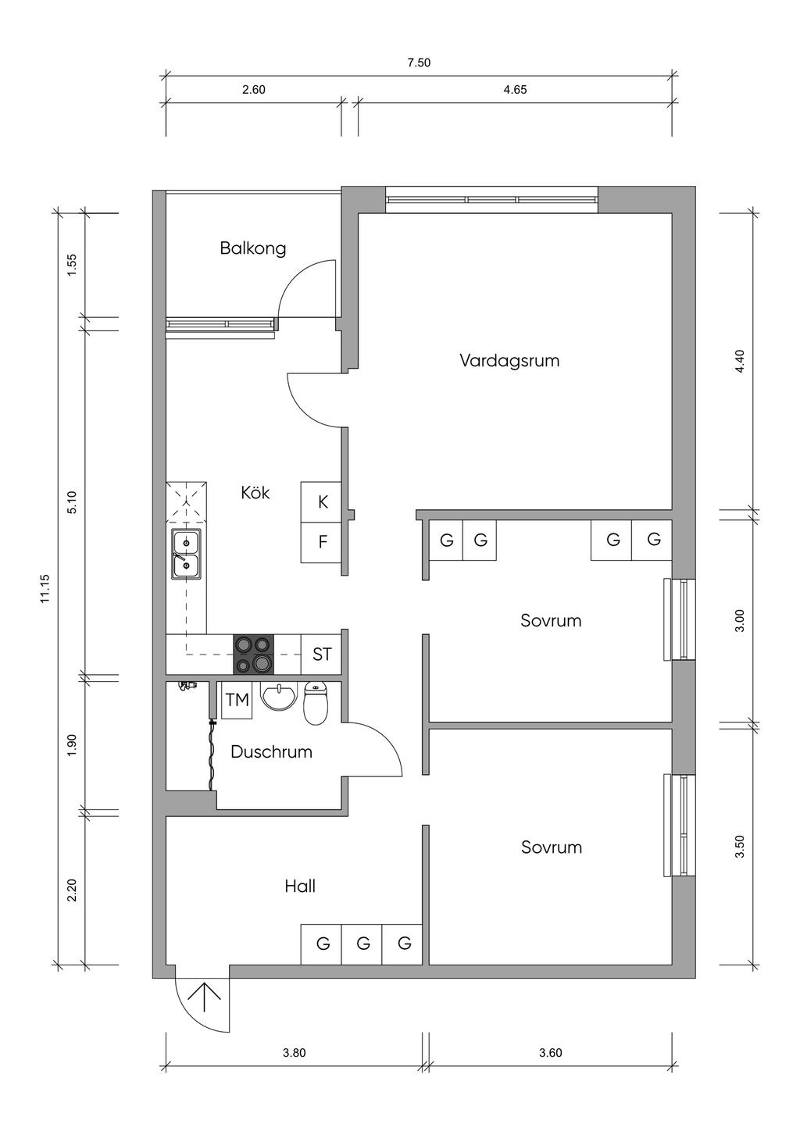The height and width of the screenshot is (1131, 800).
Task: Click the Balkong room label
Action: (253, 248)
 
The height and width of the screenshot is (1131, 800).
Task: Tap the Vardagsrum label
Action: (509, 361)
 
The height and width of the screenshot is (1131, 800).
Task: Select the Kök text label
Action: (255, 493)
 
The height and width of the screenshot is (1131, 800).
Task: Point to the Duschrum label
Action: (271, 752)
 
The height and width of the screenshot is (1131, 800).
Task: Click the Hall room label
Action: (300, 886)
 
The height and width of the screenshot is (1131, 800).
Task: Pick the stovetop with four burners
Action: (254, 654)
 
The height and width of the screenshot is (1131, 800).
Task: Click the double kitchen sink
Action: (186, 553)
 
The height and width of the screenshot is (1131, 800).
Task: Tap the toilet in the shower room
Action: (315, 703)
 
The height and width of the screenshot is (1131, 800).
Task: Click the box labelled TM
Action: (237, 701)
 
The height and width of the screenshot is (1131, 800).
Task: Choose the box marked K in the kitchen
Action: (323, 502)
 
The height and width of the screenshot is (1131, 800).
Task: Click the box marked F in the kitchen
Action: (323, 542)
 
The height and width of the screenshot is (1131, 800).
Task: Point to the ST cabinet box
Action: (322, 655)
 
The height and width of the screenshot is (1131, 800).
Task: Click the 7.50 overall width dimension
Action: (419, 63)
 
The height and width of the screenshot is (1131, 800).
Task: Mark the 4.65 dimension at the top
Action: (515, 90)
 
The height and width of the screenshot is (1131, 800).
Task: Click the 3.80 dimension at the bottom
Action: (294, 1052)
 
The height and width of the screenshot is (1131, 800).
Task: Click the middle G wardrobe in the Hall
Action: (363, 944)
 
